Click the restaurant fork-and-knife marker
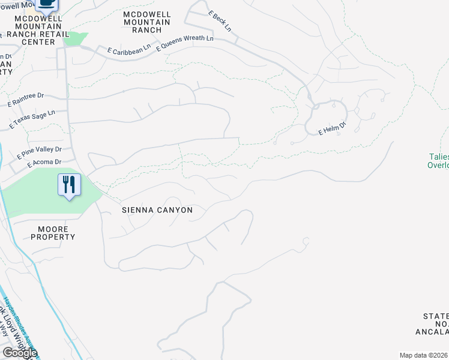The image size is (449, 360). (69, 184)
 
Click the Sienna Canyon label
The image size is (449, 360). (157, 210)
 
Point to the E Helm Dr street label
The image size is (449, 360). (332, 129)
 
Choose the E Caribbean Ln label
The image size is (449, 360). (128, 52)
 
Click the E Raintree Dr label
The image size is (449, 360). (26, 99)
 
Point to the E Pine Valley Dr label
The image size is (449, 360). (40, 152)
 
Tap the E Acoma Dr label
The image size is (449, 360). (44, 163)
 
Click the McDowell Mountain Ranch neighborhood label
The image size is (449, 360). (146, 22)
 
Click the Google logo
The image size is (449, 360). (19, 353)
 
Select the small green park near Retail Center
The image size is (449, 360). (74, 39)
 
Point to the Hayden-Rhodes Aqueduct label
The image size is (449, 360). (18, 318)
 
